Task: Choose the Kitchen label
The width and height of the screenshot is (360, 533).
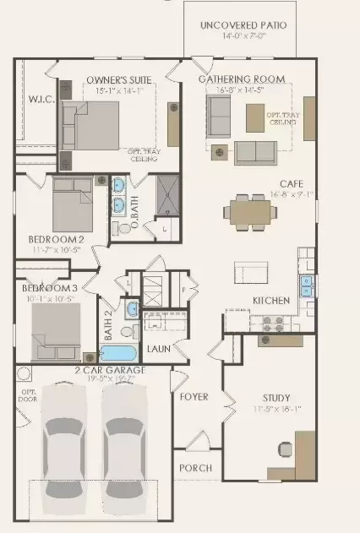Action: [271, 301]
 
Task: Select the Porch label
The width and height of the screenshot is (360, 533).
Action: [195, 468]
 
